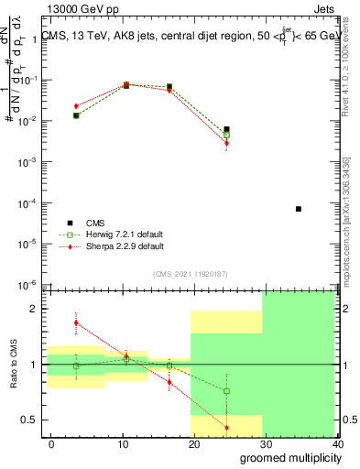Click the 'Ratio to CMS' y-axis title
[x=13, y=363]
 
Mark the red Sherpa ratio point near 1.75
[x=76, y=322]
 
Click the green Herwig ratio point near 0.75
[x=227, y=391]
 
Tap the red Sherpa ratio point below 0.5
[x=227, y=428]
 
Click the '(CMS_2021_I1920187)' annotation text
[x=190, y=273]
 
